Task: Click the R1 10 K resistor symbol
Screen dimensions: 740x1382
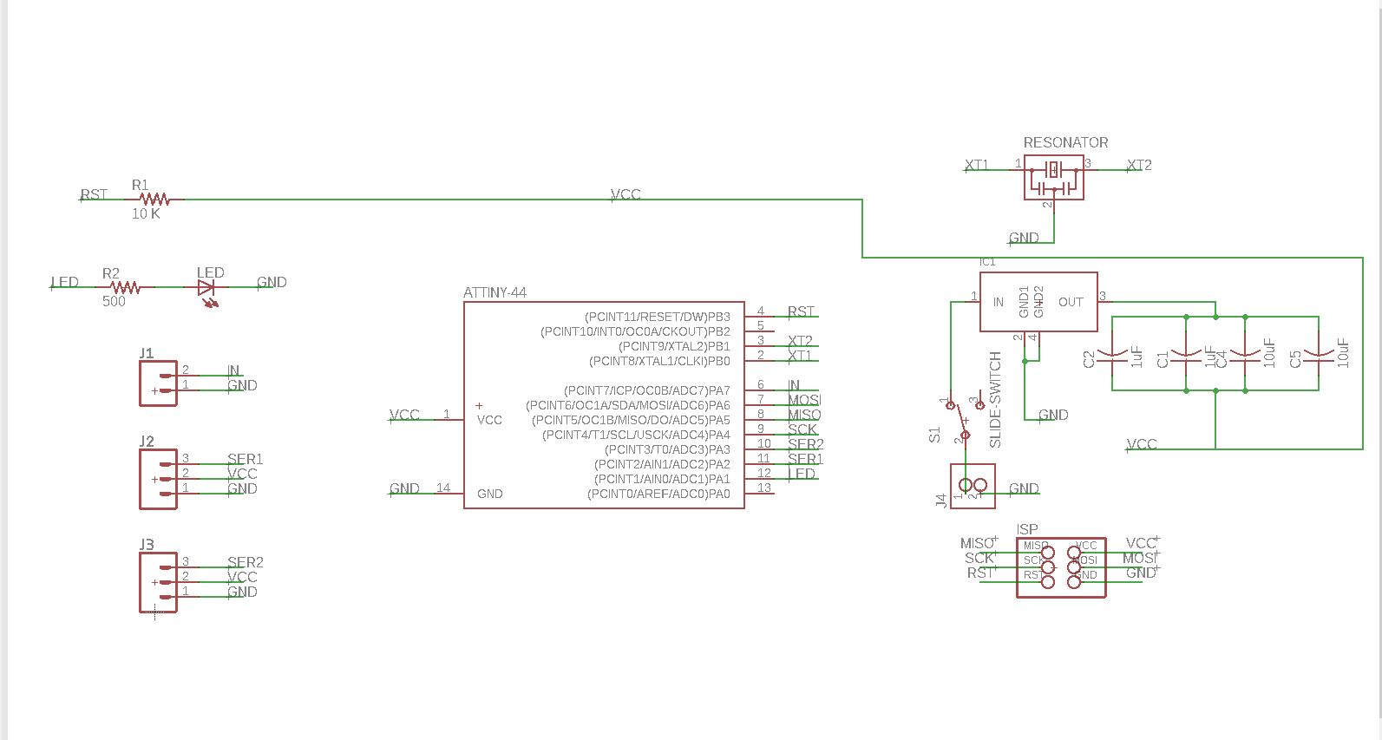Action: pos(154,200)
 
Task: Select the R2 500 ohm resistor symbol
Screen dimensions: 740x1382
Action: pos(125,287)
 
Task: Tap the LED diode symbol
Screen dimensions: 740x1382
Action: pos(207,288)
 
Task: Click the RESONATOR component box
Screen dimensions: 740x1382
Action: pos(1053,177)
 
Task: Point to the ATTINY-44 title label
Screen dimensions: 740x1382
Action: pos(495,293)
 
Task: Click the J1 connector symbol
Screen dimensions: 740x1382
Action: pos(158,383)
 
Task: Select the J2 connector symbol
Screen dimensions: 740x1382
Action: pos(158,479)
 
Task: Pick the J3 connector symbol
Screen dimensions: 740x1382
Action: pos(158,582)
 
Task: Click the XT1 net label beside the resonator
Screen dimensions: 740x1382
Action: pos(977,165)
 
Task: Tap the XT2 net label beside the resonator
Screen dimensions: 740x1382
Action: pos(1139,165)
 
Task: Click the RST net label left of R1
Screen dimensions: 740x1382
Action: pos(94,194)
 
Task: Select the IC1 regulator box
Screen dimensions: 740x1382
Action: pos(1038,302)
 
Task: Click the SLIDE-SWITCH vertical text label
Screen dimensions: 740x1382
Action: pos(995,399)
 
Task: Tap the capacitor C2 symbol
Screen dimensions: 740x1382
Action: pos(1112,355)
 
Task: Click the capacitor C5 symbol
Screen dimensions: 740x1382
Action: pos(1319,355)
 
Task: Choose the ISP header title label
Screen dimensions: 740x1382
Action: pos(1027,529)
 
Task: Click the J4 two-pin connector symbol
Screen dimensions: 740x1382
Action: pos(973,486)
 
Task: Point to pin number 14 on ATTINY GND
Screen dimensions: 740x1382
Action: pos(443,488)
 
